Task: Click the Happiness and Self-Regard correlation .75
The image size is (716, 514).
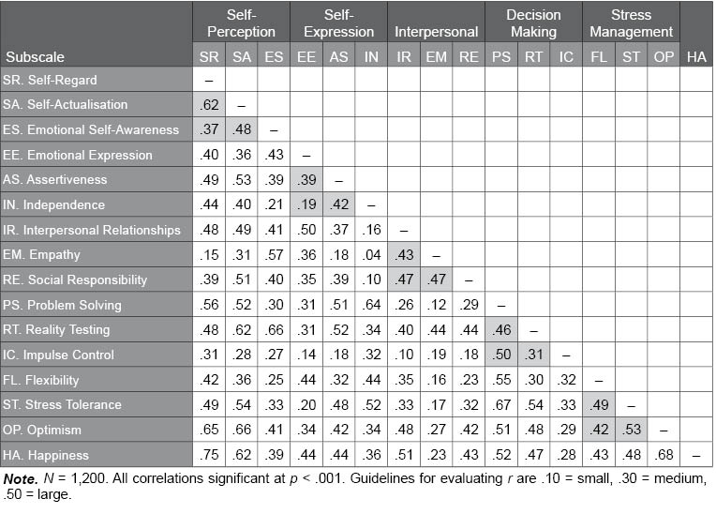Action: coord(209,455)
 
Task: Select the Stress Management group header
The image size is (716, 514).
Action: coord(631,23)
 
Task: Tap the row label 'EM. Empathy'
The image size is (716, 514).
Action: coord(41,255)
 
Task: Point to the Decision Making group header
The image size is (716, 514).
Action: coord(533,23)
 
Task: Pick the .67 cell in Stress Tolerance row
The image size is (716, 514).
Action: coord(501,405)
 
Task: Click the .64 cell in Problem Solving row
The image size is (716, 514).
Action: coord(371,305)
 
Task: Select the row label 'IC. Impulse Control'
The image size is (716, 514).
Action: coord(59,355)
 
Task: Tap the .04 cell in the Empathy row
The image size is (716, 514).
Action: coord(371,255)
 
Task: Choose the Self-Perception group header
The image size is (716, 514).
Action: coord(241,23)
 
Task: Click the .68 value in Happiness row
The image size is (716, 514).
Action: coord(664,455)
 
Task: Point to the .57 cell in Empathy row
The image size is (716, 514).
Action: coord(274,255)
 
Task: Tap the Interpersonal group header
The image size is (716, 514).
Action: coord(436,31)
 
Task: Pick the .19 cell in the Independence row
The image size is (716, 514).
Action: coord(306,204)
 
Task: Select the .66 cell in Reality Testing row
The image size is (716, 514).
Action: coord(274,330)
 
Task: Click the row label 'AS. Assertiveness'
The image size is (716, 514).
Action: coord(54,179)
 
